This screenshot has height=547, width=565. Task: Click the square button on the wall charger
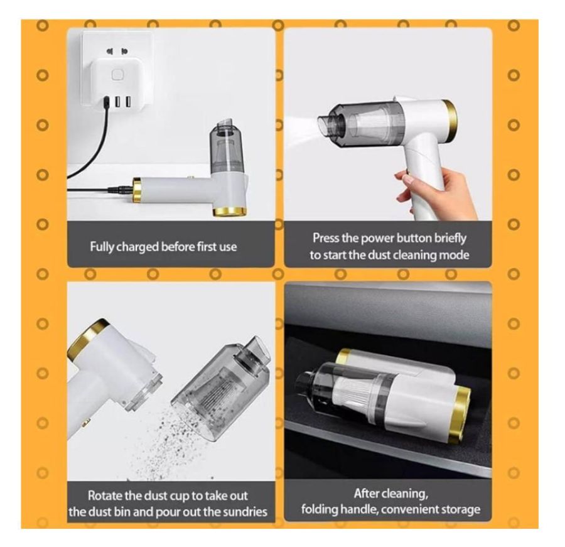[x=117, y=75]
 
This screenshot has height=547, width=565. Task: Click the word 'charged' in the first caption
[x=137, y=247]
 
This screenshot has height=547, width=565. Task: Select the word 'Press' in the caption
[x=326, y=238]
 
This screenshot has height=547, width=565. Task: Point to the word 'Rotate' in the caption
[x=105, y=496]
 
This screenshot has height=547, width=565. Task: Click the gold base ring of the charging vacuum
[x=230, y=211]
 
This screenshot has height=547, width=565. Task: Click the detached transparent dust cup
[x=220, y=390]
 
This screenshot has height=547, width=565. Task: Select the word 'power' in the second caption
[x=379, y=239]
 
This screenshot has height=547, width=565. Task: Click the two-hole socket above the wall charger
[x=117, y=51]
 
